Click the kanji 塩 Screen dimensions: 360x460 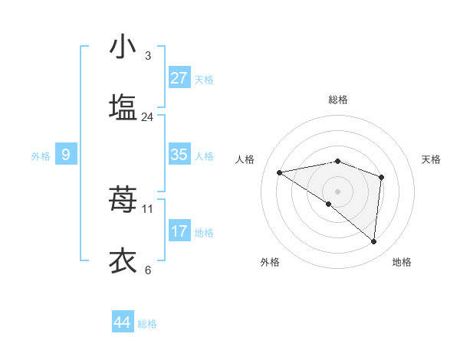point(123,106)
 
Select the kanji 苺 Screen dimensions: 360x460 point(123,199)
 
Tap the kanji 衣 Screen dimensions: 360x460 point(123,260)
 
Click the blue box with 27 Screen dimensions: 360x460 point(179,78)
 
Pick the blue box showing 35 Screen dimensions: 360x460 point(179,155)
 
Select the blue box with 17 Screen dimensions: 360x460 point(179,231)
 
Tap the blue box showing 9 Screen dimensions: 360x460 point(66,155)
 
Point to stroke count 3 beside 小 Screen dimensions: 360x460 point(148,56)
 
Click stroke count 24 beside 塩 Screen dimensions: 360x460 point(148,117)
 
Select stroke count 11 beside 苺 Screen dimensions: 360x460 point(148,208)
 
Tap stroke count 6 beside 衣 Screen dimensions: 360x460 point(148,270)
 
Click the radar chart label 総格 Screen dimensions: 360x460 point(338,100)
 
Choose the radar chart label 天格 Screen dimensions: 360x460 point(432,159)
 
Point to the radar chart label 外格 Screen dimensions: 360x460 point(270,262)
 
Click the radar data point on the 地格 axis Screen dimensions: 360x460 point(374,241)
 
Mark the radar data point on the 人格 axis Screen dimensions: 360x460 point(280,172)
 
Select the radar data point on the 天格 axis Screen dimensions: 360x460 point(381,177)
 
